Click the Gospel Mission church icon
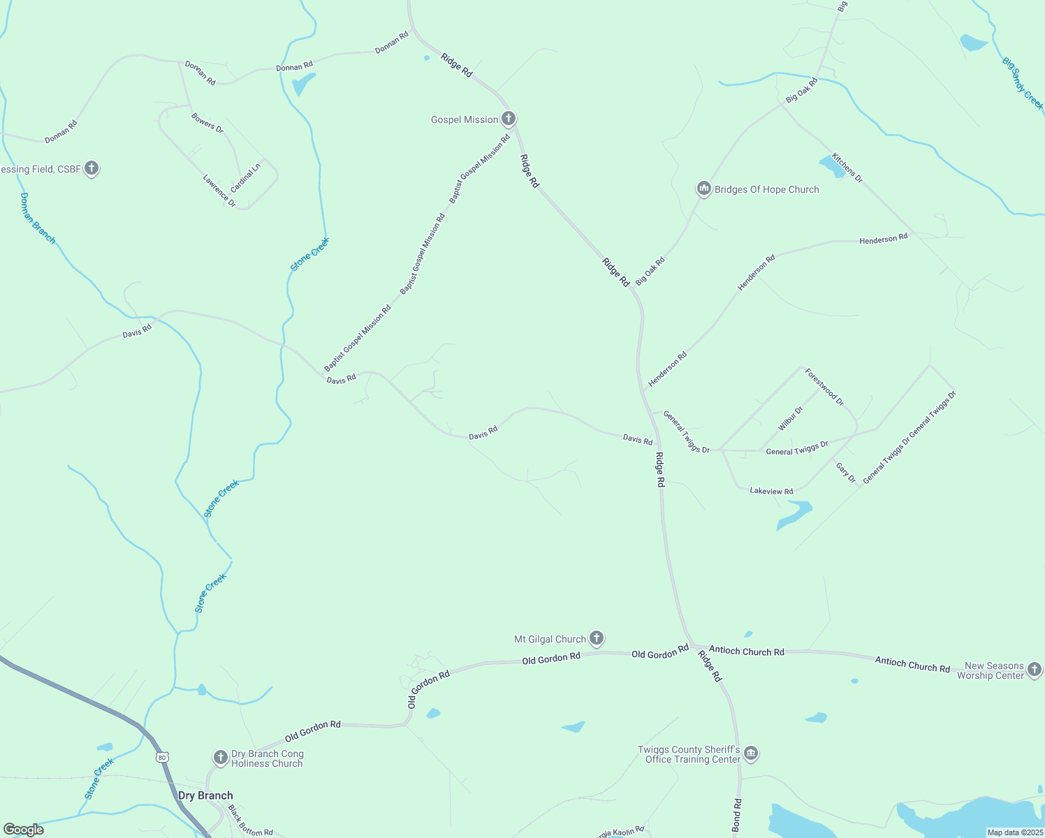point(509,119)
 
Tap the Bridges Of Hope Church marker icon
point(703,189)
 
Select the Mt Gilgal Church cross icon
point(596,638)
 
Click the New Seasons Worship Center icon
point(1035,670)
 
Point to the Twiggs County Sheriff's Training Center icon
point(751,753)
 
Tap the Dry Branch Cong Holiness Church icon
point(220,757)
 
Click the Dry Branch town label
point(205,795)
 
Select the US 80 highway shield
point(162,757)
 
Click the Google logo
point(23,830)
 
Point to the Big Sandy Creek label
point(1023,84)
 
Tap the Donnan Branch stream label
point(37,218)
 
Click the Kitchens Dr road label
point(847,168)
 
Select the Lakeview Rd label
point(771,491)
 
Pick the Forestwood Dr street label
point(824,387)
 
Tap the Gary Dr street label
point(846,473)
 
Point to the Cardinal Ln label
point(245,178)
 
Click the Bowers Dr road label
point(207,123)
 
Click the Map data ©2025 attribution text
point(1014,832)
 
